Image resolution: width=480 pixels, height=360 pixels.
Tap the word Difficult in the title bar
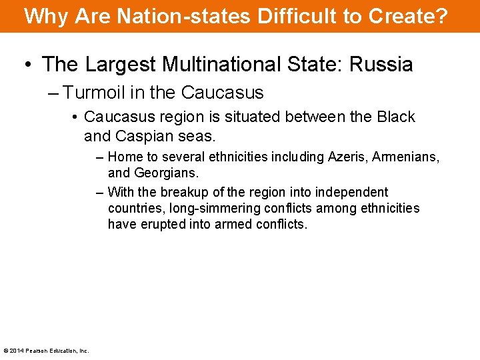(x=290, y=16)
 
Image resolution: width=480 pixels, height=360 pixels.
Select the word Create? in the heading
(x=415, y=16)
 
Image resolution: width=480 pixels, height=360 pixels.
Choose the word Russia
(x=382, y=65)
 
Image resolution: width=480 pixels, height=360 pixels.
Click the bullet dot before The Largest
(x=27, y=65)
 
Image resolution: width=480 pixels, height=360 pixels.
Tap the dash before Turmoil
(x=55, y=93)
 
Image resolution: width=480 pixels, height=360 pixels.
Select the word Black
(x=396, y=117)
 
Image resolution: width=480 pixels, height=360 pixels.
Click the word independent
(x=355, y=192)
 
